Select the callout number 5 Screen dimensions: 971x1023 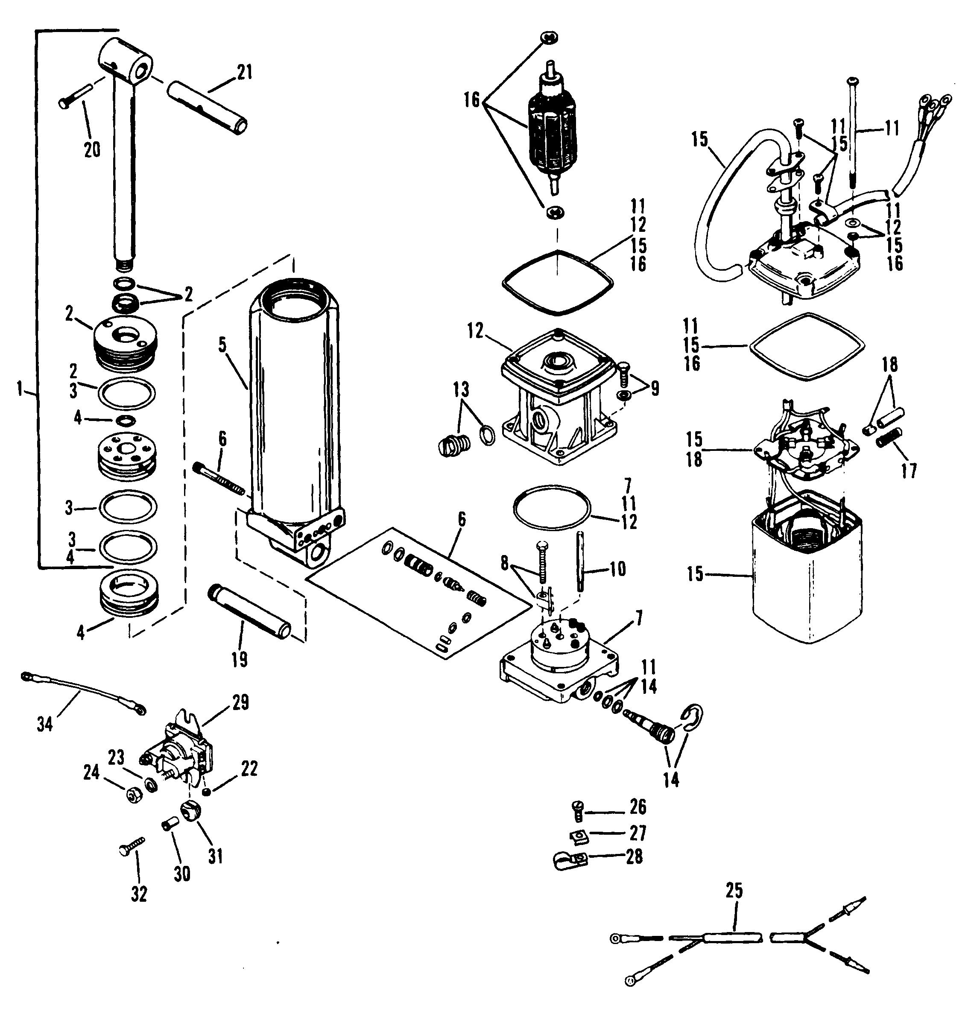pos(222,345)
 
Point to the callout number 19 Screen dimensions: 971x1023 pos(239,659)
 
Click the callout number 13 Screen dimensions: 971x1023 pos(460,390)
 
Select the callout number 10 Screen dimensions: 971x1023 pos(617,569)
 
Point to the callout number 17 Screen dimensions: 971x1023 pos(909,471)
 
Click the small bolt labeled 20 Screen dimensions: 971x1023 pos(76,97)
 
